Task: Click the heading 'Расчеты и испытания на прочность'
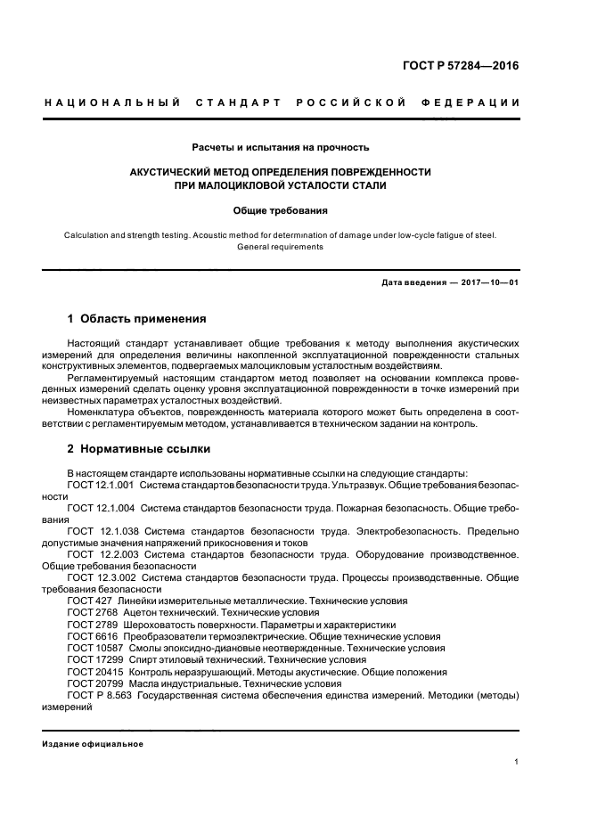281,147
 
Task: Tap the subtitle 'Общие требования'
281,211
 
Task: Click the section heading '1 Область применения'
137,318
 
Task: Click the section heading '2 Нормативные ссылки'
136,450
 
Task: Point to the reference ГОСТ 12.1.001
101,484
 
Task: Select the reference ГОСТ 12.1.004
101,507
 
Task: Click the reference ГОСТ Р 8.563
99,695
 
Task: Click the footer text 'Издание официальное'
93,744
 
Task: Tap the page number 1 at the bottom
517,762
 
